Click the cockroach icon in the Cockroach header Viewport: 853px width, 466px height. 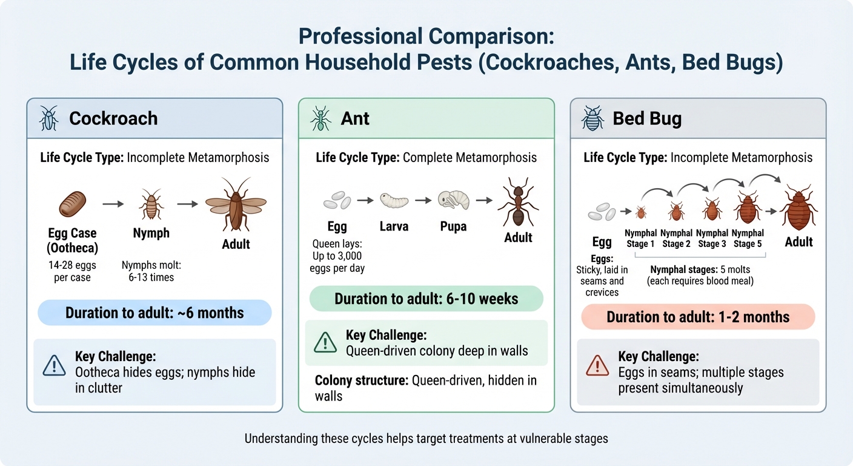click(49, 118)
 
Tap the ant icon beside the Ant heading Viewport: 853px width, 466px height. click(321, 118)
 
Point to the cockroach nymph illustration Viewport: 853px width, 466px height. click(151, 204)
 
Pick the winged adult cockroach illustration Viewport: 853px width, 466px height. click(236, 204)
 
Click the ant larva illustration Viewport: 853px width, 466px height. click(394, 200)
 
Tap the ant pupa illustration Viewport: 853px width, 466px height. click(453, 200)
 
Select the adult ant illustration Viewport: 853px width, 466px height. click(518, 203)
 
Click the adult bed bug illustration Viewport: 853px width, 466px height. click(798, 208)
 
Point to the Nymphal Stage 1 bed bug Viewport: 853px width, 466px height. click(641, 212)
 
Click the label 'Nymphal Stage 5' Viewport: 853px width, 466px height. click(748, 238)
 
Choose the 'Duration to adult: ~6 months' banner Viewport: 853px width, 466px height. click(154, 313)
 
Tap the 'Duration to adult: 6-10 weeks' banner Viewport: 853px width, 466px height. click(426, 299)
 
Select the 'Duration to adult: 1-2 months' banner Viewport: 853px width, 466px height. click(698, 317)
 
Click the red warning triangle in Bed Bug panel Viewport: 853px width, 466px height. click(597, 365)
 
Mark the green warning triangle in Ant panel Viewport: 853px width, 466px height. click(325, 343)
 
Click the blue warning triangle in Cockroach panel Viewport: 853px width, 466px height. click(55, 365)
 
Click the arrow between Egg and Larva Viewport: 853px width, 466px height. click(365, 199)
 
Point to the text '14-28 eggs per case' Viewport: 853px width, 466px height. click(72, 271)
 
